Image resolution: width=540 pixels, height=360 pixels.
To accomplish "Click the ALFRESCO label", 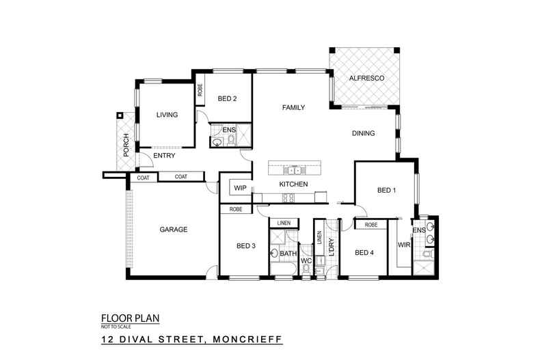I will coord(367,79).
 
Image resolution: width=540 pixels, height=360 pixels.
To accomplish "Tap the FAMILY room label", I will coord(294,107).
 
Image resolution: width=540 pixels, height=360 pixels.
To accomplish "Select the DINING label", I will coord(363,133).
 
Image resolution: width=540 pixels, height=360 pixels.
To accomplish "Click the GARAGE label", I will coord(174,230).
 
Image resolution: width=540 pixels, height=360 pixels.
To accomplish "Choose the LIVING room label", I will coord(167,115).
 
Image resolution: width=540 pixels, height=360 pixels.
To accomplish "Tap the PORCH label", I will coord(126,145).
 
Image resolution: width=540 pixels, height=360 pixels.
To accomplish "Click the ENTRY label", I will coord(164,156).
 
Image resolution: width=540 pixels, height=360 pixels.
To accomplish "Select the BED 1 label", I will coord(386,190).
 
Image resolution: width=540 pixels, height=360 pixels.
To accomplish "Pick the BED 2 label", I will coord(227,98).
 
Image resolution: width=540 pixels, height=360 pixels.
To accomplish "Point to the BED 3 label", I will coord(246,246).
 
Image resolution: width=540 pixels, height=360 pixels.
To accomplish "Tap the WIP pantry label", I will coord(240,187).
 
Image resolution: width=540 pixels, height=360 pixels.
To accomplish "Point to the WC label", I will coord(306,260).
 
